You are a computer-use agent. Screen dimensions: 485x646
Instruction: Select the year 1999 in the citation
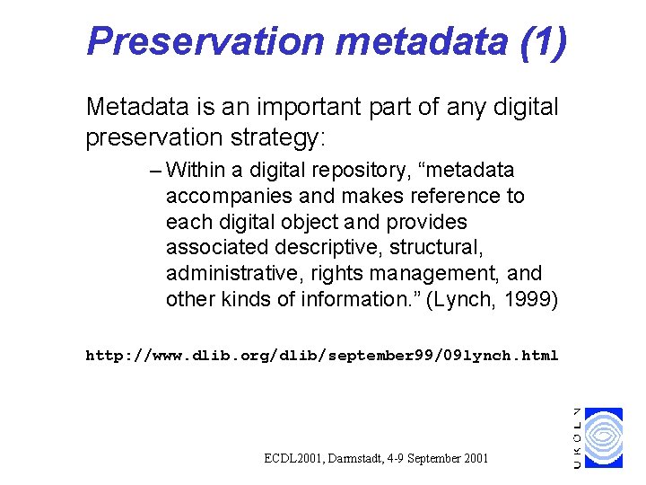530,298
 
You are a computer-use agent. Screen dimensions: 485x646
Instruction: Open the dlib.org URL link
321,356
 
